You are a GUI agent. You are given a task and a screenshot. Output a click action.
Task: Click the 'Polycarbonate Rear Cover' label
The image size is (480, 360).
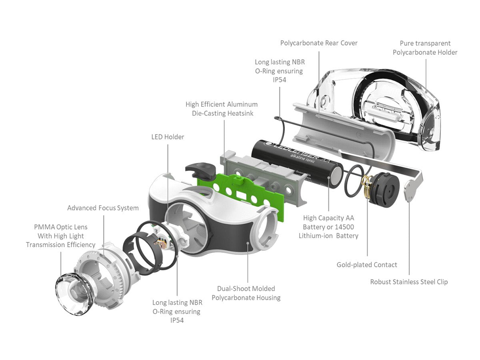[319, 43]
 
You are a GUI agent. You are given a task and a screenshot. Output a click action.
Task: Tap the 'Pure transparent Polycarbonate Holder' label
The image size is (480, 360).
[425, 48]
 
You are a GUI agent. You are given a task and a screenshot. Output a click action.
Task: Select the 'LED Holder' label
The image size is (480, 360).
[168, 137]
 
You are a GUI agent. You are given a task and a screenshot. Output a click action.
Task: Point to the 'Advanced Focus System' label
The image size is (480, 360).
[103, 208]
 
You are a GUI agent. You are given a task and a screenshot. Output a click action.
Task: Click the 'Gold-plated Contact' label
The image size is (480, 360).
[367, 265]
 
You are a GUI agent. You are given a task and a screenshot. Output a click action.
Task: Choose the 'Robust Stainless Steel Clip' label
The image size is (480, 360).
[409, 282]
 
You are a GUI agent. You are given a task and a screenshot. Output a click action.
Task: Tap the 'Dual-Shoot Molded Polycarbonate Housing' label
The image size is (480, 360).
[246, 293]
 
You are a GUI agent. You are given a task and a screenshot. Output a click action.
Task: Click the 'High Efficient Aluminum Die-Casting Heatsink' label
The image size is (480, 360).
[221, 108]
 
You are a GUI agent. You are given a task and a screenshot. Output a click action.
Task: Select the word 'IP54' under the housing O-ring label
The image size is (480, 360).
[176, 320]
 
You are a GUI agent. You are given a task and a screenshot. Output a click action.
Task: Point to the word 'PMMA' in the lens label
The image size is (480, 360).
[44, 227]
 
